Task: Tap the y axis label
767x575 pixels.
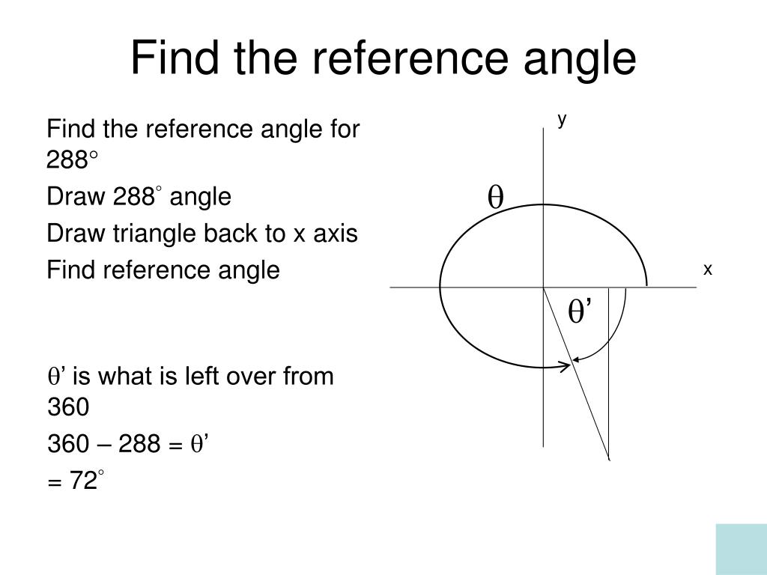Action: tap(561, 118)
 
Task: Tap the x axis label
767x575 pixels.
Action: tap(706, 269)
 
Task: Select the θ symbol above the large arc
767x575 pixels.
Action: tap(495, 197)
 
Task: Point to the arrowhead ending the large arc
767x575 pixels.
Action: tap(566, 366)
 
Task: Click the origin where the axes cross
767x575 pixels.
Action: tap(543, 287)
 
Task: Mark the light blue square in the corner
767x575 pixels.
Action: tap(741, 549)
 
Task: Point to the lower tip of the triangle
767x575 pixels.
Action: tap(608, 457)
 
